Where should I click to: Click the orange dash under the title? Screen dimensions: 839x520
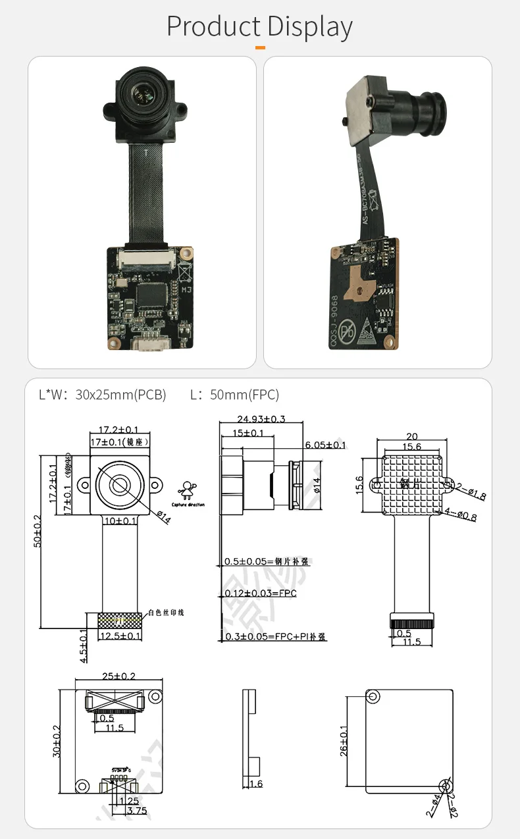(260, 47)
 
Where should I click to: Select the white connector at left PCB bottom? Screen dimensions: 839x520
(151, 343)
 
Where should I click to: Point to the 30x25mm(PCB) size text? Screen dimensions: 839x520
(120, 395)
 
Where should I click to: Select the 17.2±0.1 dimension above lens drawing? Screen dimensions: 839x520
(118, 429)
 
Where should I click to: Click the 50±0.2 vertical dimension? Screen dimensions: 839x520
(38, 540)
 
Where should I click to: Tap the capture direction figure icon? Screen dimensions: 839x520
(188, 490)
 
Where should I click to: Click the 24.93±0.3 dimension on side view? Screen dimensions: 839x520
(261, 419)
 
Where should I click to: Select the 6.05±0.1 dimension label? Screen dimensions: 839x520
(325, 445)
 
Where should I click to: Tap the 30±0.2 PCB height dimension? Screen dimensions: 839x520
(56, 740)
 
